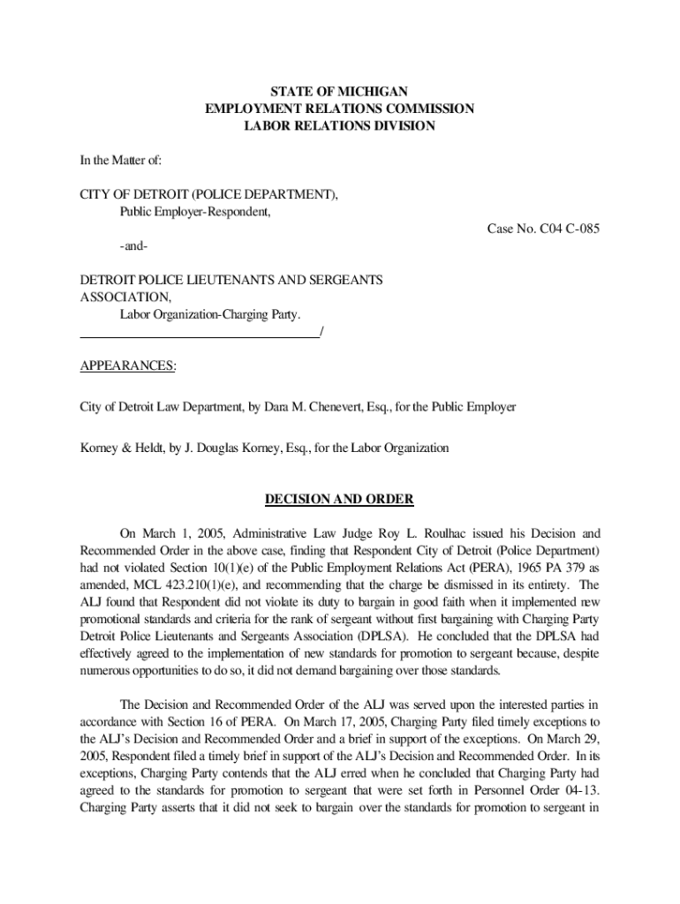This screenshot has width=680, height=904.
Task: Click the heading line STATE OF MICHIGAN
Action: [x=339, y=92]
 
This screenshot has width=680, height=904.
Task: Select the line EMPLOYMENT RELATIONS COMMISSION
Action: [x=339, y=109]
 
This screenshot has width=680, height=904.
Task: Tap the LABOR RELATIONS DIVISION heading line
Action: [x=339, y=126]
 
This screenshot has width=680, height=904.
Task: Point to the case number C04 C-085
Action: [x=543, y=230]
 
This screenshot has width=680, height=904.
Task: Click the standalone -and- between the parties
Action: [x=134, y=246]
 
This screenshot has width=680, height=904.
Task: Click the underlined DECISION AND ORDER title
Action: [x=339, y=500]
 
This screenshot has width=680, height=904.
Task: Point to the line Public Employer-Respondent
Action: [x=195, y=213]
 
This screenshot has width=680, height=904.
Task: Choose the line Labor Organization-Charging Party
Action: [x=210, y=314]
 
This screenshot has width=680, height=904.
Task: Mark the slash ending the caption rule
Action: [x=321, y=333]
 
